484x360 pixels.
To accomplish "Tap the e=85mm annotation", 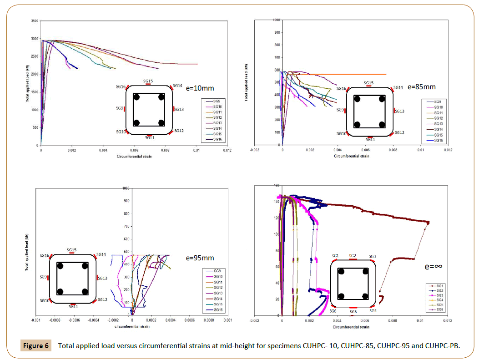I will (421, 86).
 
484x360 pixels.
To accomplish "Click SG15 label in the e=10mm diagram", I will (148, 81).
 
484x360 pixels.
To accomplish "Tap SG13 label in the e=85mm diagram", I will (399, 111).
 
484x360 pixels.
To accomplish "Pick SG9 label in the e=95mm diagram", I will (44, 277).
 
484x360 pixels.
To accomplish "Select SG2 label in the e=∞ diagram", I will (353, 256).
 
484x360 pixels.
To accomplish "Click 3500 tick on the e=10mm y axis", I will (34, 21).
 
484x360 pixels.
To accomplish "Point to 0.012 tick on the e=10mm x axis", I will (227, 150).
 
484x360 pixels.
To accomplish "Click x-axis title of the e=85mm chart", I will (351, 156).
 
